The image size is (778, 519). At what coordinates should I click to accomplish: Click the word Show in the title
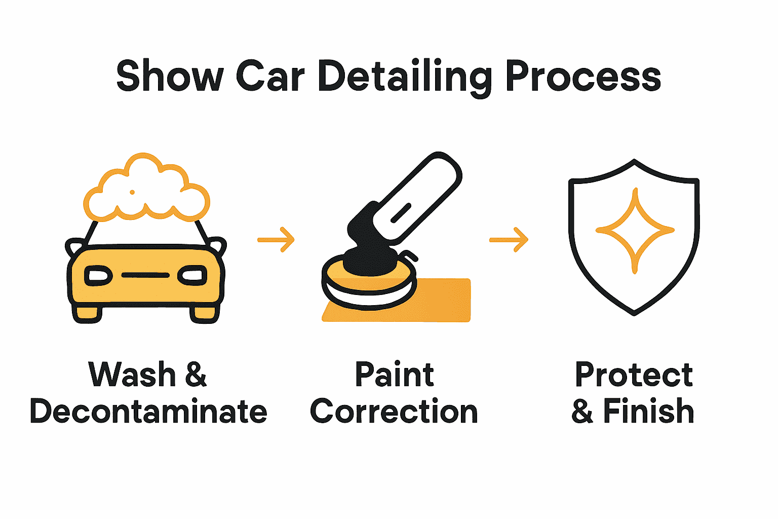click(x=170, y=76)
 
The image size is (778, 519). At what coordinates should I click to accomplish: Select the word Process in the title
click(x=583, y=76)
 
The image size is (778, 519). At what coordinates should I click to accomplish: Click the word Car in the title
click(x=270, y=76)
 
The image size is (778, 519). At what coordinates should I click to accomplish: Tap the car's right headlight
click(x=192, y=276)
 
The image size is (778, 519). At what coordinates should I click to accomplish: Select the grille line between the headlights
click(x=145, y=275)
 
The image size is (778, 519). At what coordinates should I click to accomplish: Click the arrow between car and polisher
click(x=276, y=239)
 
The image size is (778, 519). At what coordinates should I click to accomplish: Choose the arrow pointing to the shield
click(x=509, y=239)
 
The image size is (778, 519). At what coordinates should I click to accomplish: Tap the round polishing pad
click(x=369, y=284)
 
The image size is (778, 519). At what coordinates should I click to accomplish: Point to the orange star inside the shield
click(x=635, y=230)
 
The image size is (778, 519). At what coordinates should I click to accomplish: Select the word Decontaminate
click(x=148, y=411)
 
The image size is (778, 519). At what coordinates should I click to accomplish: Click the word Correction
click(x=394, y=411)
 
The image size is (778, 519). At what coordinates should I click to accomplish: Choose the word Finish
click(x=648, y=411)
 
